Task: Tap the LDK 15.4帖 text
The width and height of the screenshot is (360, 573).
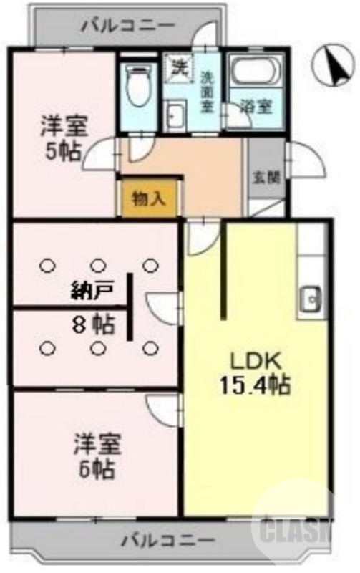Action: coord(254,372)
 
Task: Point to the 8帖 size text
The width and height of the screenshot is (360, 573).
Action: coord(93,325)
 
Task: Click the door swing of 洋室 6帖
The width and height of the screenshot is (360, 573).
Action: coord(164,410)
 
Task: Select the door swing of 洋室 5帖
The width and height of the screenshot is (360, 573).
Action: coord(100,153)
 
